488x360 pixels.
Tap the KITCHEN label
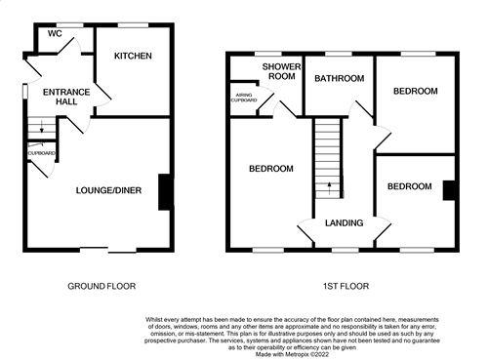133,57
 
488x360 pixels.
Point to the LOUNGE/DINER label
109,190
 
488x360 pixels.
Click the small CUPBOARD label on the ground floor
41,153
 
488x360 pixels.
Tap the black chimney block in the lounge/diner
164,191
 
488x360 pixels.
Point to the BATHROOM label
340,78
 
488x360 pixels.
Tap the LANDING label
344,222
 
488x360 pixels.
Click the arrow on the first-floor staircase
329,185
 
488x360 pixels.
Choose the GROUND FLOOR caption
101,286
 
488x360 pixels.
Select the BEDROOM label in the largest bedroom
270,168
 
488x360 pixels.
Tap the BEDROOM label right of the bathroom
416,91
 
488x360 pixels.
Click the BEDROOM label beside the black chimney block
409,186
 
